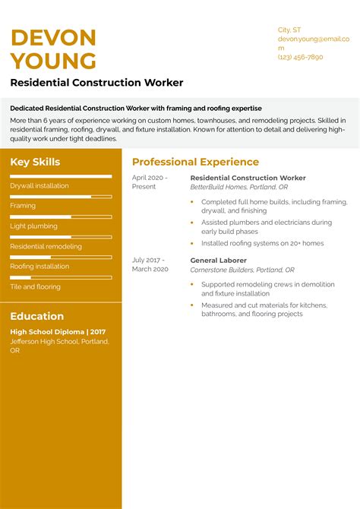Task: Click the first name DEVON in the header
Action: pos(53,37)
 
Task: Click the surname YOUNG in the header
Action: pos(53,61)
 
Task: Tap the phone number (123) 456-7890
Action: pos(300,57)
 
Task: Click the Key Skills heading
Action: pos(35,162)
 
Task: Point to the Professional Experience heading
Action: pos(195,162)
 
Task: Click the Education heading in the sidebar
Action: pos(36,316)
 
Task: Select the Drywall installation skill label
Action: pos(39,185)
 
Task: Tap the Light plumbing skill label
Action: pos(33,226)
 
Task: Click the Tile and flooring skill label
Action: pos(35,286)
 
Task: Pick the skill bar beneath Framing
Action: pos(61,217)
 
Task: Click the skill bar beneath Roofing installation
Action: pos(61,277)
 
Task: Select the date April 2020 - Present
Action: pos(150,182)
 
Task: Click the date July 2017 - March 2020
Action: pos(150,264)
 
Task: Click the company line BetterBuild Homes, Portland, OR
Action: pos(238,186)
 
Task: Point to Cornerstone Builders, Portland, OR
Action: pos(242,270)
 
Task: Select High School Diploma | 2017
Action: pos(58,332)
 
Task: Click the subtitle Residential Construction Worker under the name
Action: pos(96,82)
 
